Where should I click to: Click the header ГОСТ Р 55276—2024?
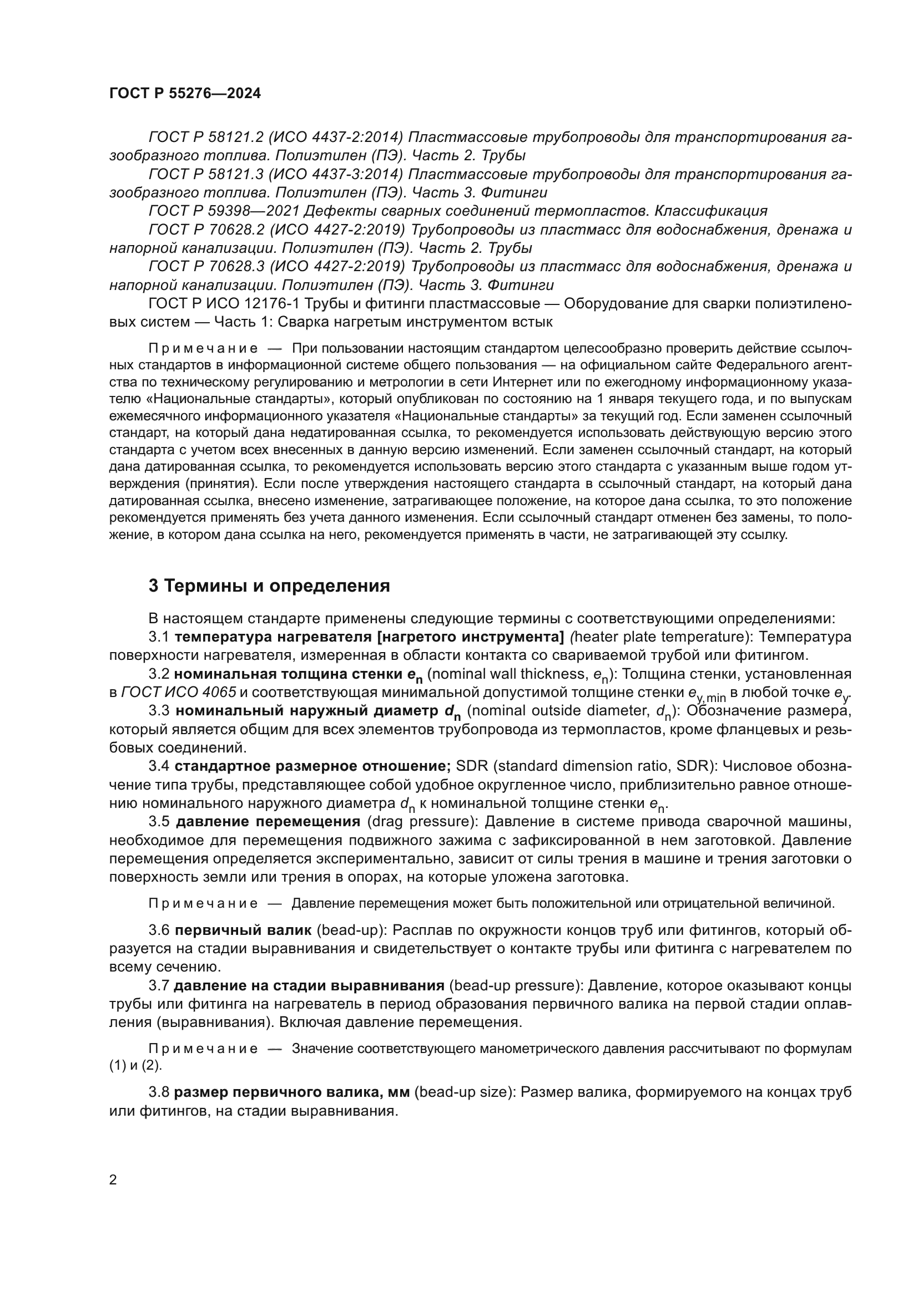(x=185, y=94)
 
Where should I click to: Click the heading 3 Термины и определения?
(x=269, y=586)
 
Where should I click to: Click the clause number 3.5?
(x=159, y=821)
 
